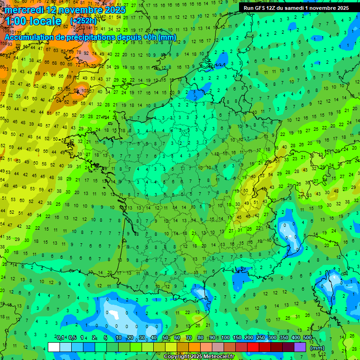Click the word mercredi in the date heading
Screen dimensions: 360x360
(x=23, y=10)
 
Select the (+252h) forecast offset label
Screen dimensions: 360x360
(x=83, y=21)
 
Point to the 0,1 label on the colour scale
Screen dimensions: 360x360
(x=60, y=338)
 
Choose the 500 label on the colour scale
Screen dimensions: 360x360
(x=307, y=338)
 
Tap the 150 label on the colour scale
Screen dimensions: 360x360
(x=237, y=338)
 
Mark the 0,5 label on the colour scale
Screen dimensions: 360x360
(x=72, y=338)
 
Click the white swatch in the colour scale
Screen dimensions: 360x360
(x=54, y=347)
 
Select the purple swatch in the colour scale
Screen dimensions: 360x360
(x=300, y=347)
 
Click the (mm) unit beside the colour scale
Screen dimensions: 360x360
(x=317, y=348)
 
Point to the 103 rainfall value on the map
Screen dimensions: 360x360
(x=84, y=90)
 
